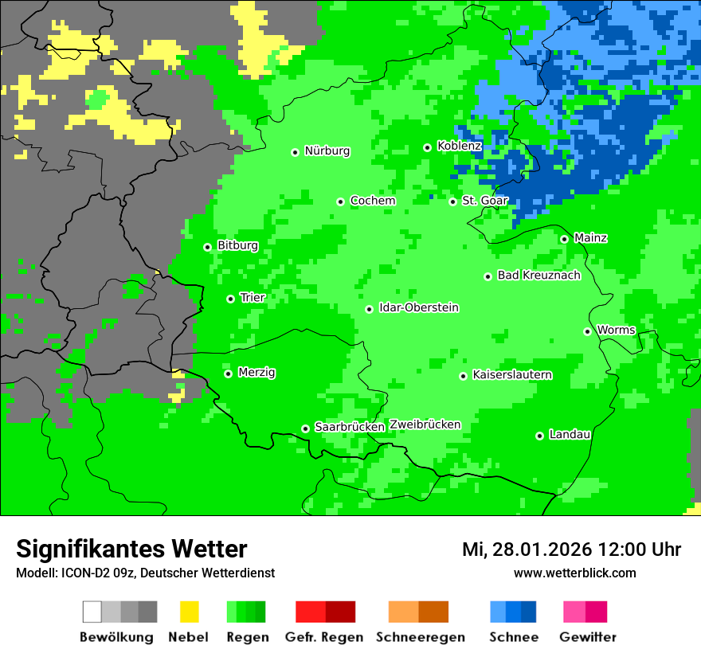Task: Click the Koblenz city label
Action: pyautogui.click(x=459, y=147)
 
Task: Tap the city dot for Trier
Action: pyautogui.click(x=230, y=299)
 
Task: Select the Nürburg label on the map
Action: pyautogui.click(x=327, y=151)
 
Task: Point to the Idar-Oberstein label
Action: pyautogui.click(x=418, y=308)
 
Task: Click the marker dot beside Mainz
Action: pyautogui.click(x=564, y=239)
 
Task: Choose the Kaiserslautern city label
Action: pyautogui.click(x=511, y=375)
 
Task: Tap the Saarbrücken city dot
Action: pyautogui.click(x=305, y=428)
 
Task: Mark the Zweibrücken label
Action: pyautogui.click(x=425, y=424)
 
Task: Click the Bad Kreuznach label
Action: pyautogui.click(x=538, y=276)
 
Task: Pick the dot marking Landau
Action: pyautogui.click(x=539, y=436)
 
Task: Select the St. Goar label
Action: pyautogui.click(x=484, y=201)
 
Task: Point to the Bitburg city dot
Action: pyautogui.click(x=207, y=247)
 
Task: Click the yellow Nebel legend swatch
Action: pyautogui.click(x=189, y=612)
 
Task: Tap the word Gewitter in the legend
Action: pyautogui.click(x=587, y=637)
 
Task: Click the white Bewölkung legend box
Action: pyautogui.click(x=92, y=612)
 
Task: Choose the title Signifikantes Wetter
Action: pyautogui.click(x=131, y=550)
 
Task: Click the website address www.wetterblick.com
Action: pyautogui.click(x=574, y=573)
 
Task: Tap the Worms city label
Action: pyautogui.click(x=616, y=330)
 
